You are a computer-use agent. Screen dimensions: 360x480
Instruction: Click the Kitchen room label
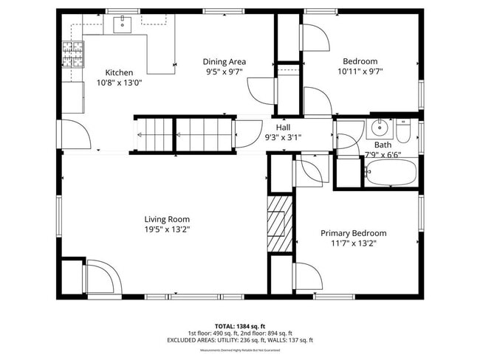(x=119, y=72)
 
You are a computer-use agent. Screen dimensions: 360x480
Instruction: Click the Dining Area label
(x=224, y=61)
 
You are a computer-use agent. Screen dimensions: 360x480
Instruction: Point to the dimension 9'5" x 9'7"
(x=224, y=72)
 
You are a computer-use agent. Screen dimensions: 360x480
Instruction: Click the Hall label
(x=283, y=127)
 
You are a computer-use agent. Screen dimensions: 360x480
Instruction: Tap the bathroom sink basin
(x=380, y=128)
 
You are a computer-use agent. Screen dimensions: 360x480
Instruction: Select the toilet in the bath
(x=403, y=131)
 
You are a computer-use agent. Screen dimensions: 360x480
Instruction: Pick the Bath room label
(x=383, y=145)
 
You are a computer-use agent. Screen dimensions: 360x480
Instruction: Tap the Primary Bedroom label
(x=353, y=233)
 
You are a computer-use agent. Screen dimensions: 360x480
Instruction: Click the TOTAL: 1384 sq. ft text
(x=239, y=325)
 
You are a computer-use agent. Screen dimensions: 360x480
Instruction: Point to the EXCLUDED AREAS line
(x=239, y=340)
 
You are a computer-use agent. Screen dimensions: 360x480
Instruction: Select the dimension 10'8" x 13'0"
(x=119, y=83)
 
